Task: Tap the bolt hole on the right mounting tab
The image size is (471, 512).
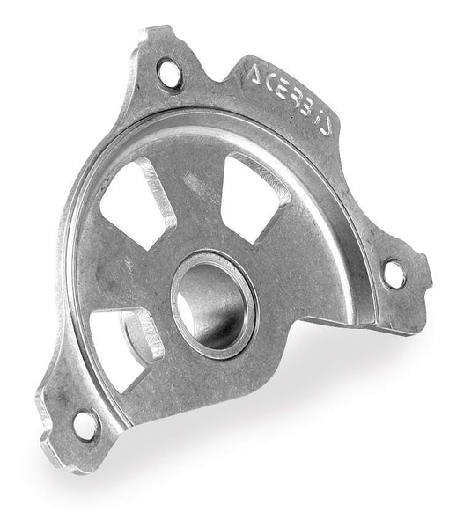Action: [395, 274]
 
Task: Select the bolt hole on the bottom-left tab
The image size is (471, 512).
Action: [85, 425]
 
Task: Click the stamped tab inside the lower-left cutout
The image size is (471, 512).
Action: [146, 331]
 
